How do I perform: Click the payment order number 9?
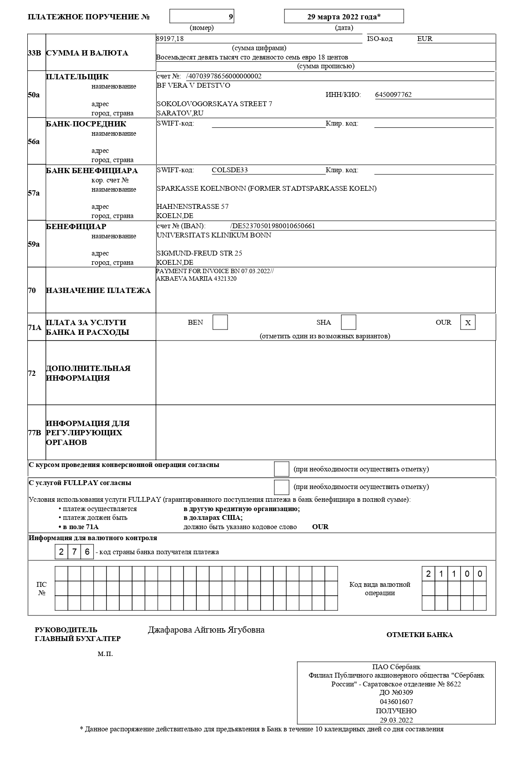231,17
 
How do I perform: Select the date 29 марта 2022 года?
343,17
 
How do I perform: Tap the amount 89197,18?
170,39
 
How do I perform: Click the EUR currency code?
425,39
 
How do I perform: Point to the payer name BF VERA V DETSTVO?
193,85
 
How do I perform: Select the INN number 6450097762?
393,95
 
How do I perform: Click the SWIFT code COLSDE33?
230,170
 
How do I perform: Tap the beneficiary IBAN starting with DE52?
273,226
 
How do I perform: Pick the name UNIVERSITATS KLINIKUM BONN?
214,235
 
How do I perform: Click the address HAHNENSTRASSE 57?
192,207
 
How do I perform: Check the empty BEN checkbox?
220,322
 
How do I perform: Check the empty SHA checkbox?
349,322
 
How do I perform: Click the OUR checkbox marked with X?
468,322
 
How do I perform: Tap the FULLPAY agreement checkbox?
281,487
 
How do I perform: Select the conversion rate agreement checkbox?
281,469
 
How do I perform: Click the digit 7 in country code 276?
74,552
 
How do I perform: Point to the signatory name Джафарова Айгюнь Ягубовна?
206,630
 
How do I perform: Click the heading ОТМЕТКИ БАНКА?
420,635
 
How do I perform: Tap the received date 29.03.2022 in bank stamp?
396,720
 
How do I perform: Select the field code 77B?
34,433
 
